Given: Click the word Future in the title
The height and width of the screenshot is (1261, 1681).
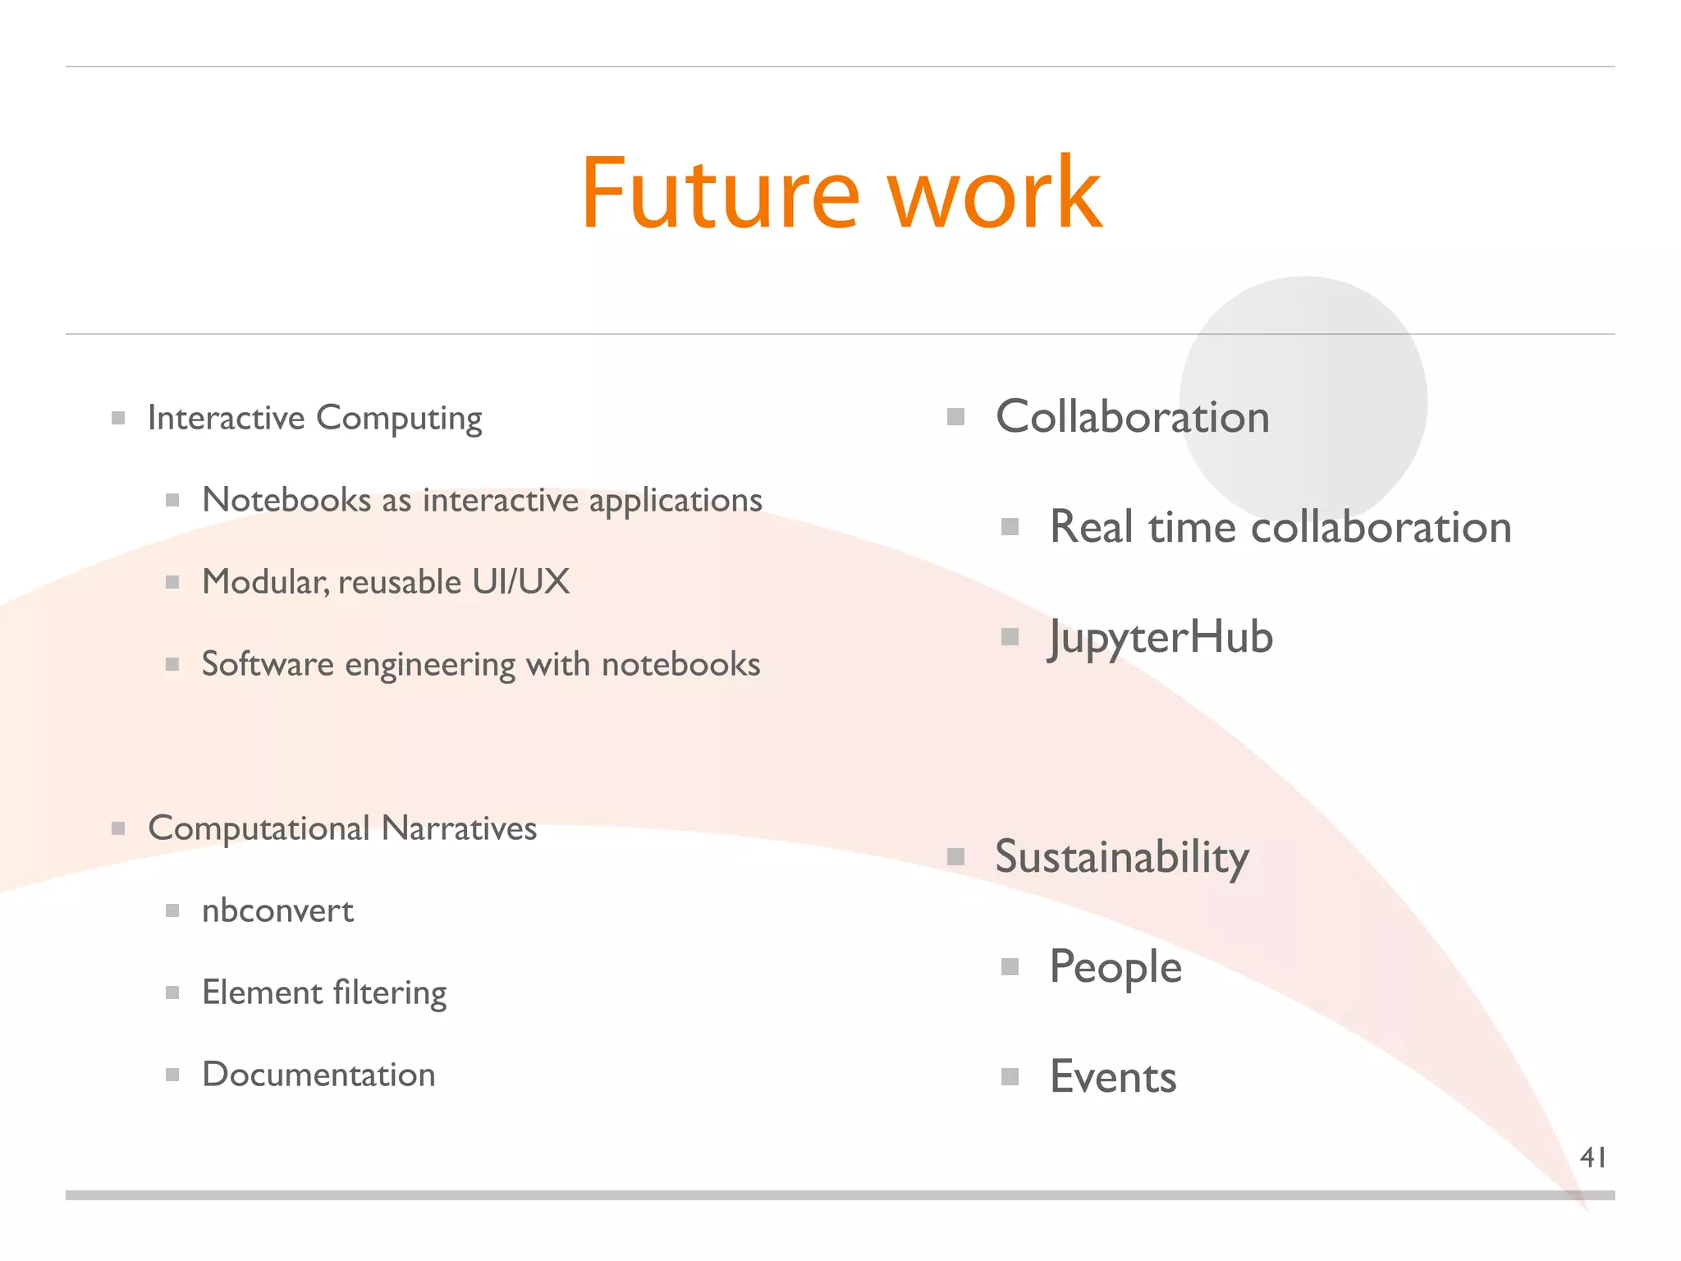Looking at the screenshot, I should click(x=720, y=194).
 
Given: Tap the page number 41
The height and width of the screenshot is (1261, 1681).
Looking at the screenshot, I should click(x=1592, y=1158).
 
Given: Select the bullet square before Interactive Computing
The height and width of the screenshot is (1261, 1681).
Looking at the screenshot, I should click(x=118, y=418).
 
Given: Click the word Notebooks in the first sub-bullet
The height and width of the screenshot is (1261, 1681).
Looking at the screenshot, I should click(x=286, y=500).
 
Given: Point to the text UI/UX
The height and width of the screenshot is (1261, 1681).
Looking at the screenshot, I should click(x=520, y=582).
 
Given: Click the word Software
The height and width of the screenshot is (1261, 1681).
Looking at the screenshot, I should click(x=268, y=664).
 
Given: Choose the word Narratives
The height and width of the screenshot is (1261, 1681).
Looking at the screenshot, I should click(x=459, y=828).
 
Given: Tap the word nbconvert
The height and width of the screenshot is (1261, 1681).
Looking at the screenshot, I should click(x=277, y=910).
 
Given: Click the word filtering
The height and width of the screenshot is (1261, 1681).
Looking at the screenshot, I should click(x=390, y=993).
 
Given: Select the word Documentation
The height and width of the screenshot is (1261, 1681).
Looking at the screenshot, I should click(x=318, y=1075).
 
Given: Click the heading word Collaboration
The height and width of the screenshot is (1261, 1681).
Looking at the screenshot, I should click(x=1133, y=417).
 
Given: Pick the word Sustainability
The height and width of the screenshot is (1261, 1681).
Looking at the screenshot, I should click(x=1122, y=858).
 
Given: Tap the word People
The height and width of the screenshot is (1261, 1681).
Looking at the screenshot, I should click(x=1115, y=967).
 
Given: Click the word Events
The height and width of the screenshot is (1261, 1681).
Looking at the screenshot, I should click(x=1113, y=1077).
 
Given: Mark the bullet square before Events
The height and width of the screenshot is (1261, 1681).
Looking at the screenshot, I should click(x=1010, y=1076).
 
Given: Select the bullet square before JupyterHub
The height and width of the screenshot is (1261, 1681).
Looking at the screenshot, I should click(x=1010, y=637).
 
